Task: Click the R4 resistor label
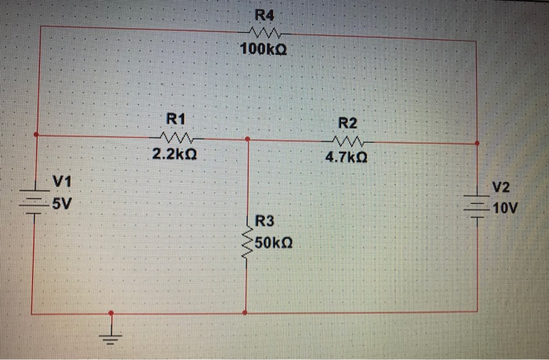(265, 16)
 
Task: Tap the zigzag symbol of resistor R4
(264, 33)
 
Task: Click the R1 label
(176, 119)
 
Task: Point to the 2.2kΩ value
(174, 155)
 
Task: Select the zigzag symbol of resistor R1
(176, 138)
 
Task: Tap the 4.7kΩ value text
(346, 158)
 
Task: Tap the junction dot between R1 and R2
(248, 138)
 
